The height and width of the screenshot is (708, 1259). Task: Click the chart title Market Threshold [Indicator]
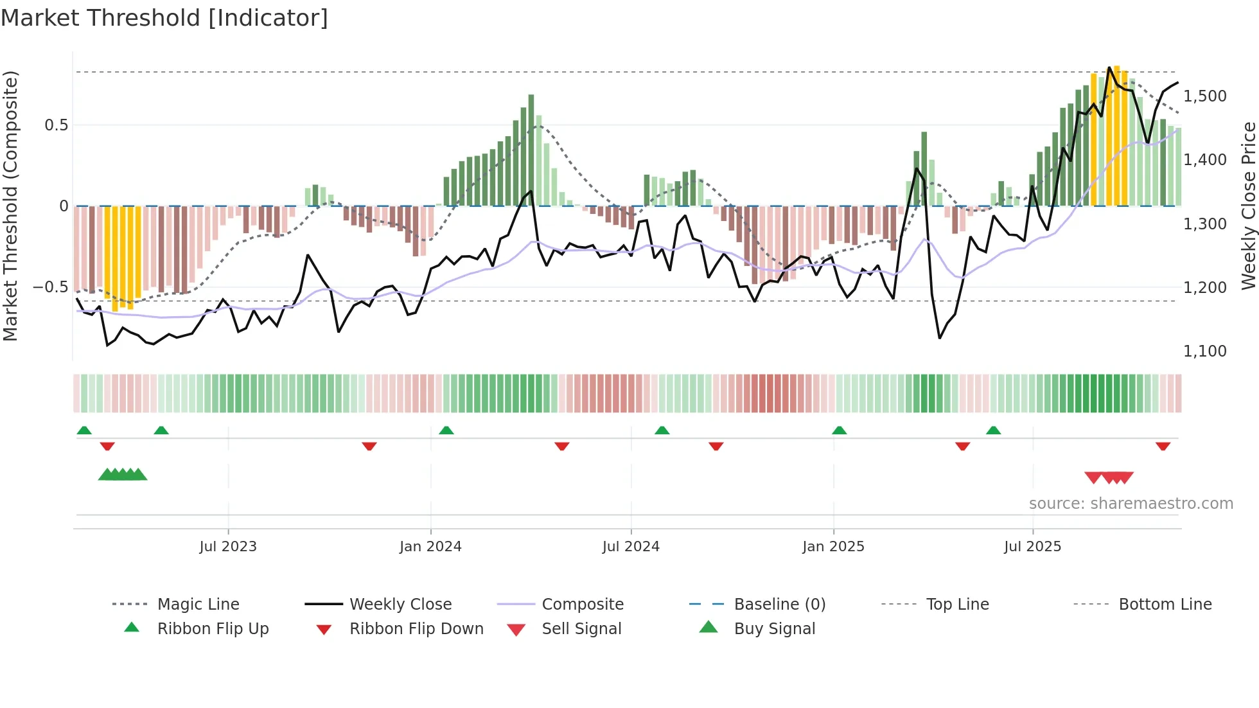(x=164, y=18)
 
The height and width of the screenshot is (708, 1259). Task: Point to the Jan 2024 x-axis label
(x=430, y=546)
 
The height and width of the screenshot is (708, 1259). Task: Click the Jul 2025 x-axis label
(x=1032, y=546)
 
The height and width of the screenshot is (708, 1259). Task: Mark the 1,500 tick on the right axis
(x=1204, y=96)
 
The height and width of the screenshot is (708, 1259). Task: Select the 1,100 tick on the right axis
(x=1204, y=351)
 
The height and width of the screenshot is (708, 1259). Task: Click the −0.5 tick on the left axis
(x=51, y=287)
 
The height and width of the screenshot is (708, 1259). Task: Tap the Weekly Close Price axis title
(x=1248, y=206)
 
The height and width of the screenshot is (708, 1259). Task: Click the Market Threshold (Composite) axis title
(x=10, y=206)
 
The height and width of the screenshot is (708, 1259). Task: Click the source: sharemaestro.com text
(x=1131, y=503)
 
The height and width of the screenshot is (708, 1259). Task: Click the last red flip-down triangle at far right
(x=1163, y=446)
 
